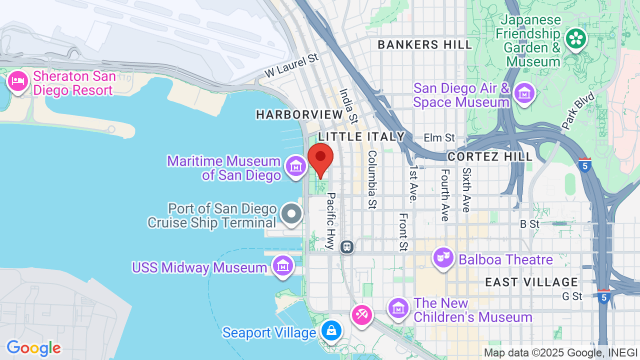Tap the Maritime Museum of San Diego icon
pyautogui.click(x=295, y=165)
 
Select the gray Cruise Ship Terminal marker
pyautogui.click(x=291, y=214)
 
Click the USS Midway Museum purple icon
pyautogui.click(x=283, y=265)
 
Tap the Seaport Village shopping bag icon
pyautogui.click(x=330, y=330)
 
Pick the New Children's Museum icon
pyautogui.click(x=398, y=307)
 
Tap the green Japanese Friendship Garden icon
pyautogui.click(x=575, y=38)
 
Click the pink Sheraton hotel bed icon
pyautogui.click(x=18, y=81)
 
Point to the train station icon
pyautogui.click(x=347, y=246)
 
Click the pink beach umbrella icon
pyautogui.click(x=361, y=314)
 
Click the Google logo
pyautogui.click(x=33, y=348)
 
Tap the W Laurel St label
pyautogui.click(x=291, y=65)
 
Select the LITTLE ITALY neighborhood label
pyautogui.click(x=361, y=136)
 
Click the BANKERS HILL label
pyautogui.click(x=424, y=44)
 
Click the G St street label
pyautogui.click(x=572, y=296)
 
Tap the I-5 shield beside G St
pyautogui.click(x=603, y=296)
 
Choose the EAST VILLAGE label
pyautogui.click(x=531, y=282)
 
